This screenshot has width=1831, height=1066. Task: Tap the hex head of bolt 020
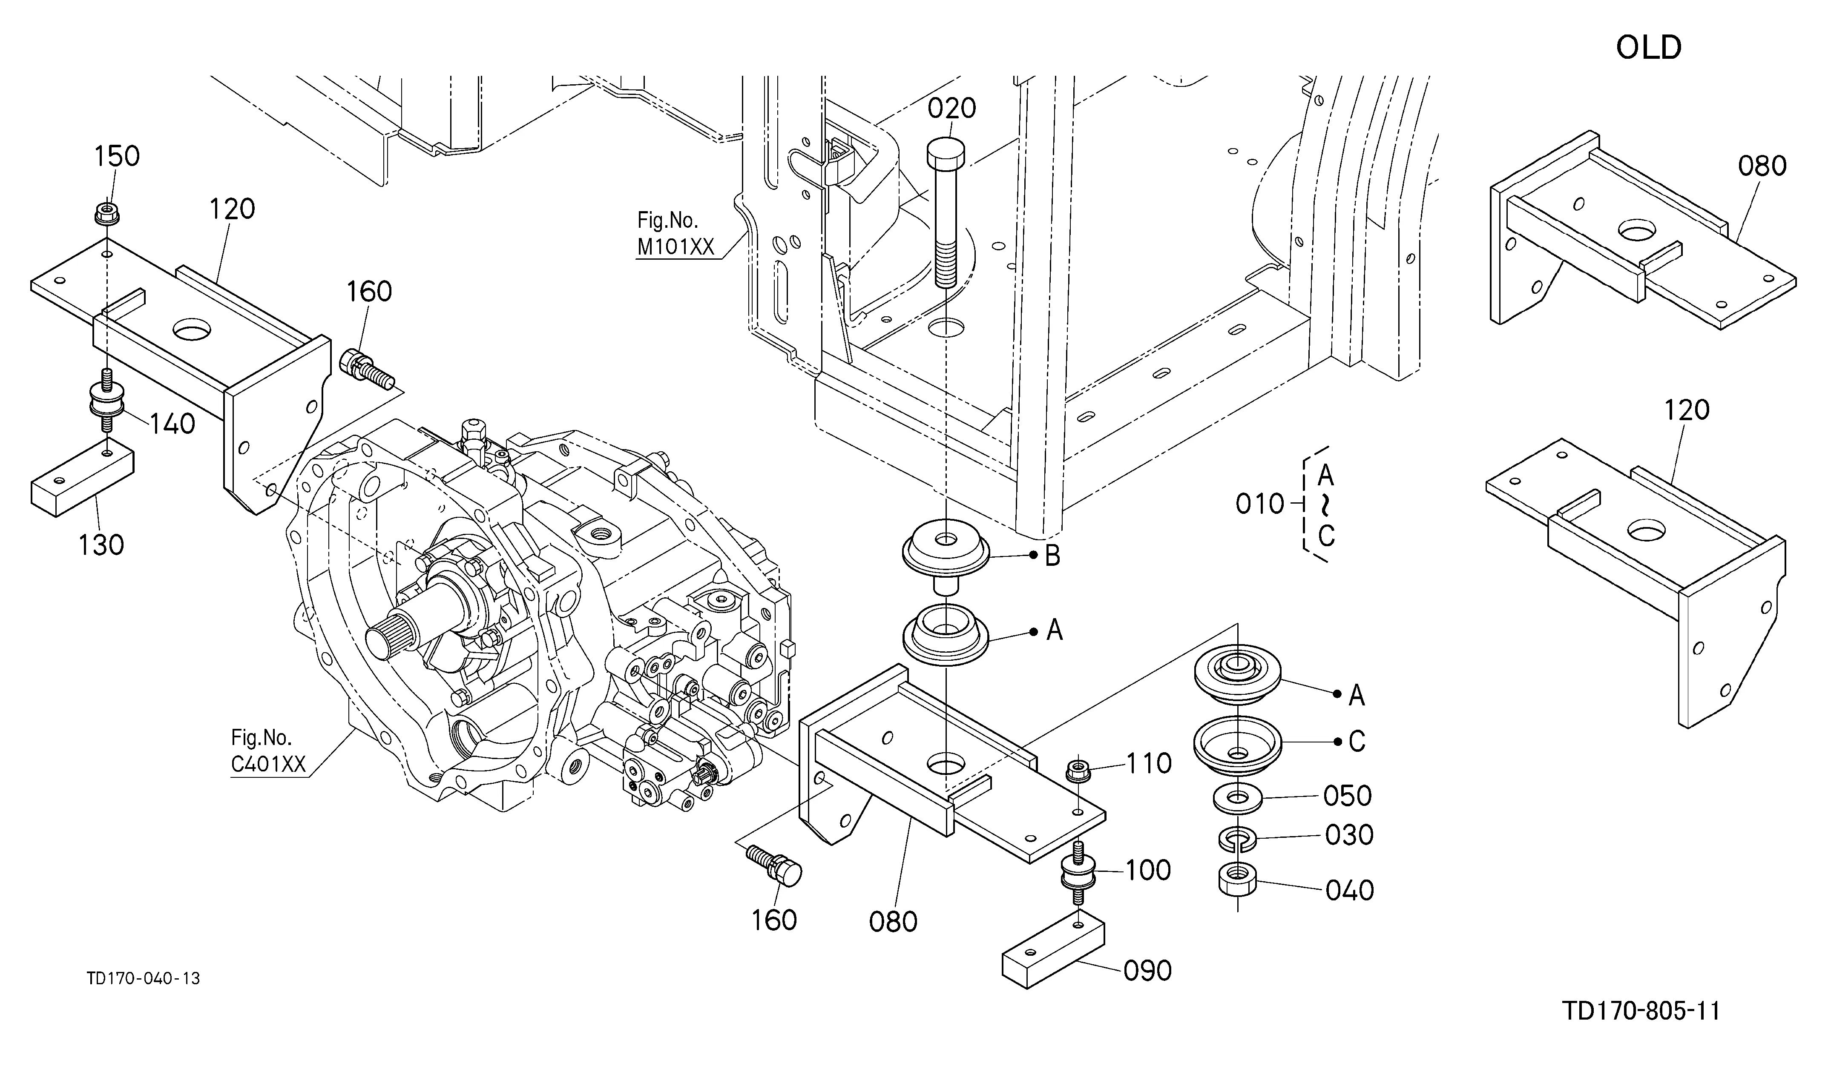pos(946,152)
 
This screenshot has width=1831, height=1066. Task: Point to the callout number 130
pos(102,544)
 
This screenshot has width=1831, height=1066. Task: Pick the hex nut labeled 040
pos(1237,881)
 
